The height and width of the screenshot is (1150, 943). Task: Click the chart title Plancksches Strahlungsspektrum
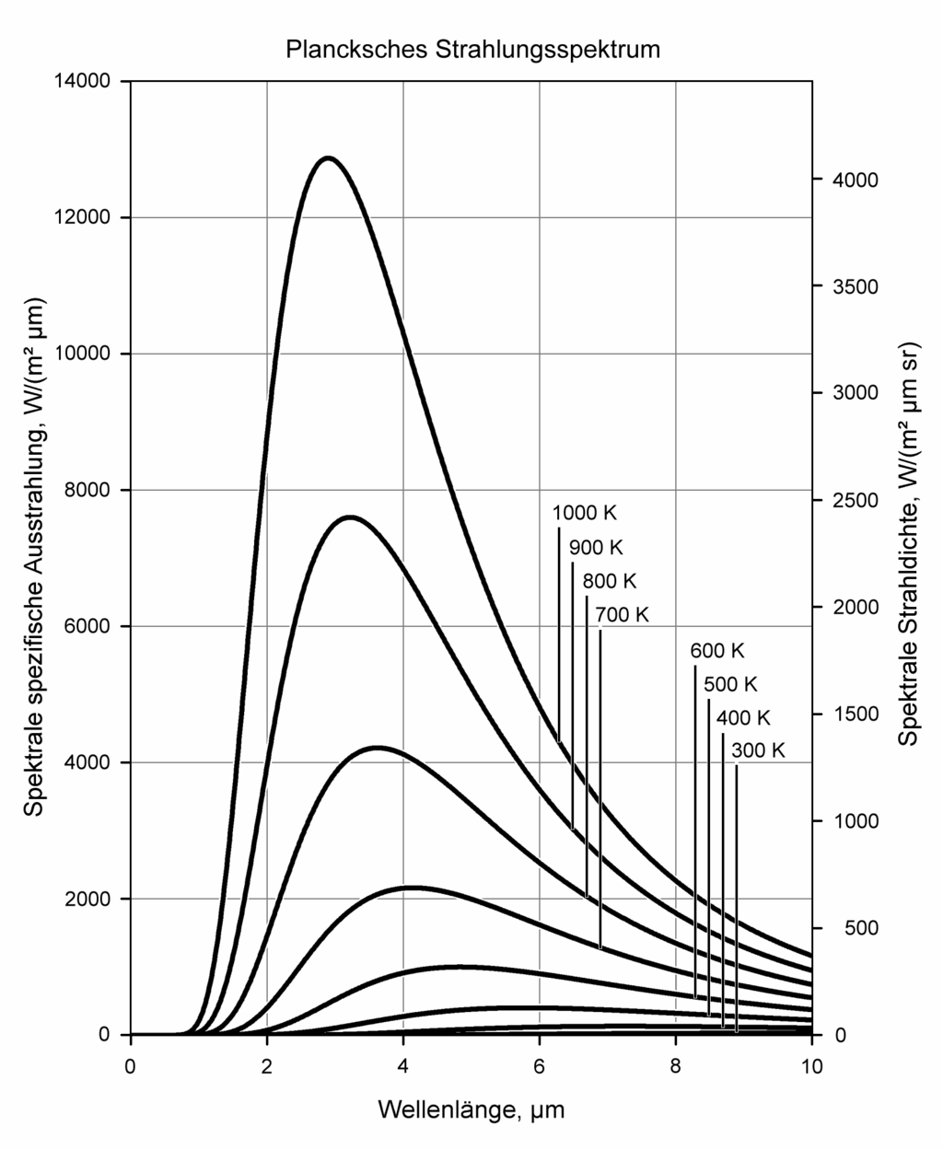pyautogui.click(x=471, y=49)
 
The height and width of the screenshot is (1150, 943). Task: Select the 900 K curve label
pyautogui.click(x=596, y=547)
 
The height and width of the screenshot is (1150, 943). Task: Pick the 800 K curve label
pyautogui.click(x=610, y=581)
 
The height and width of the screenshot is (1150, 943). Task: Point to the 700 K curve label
pyautogui.click(x=622, y=614)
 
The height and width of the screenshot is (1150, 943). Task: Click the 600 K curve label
pyautogui.click(x=717, y=650)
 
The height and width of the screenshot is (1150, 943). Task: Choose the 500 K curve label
pyautogui.click(x=730, y=684)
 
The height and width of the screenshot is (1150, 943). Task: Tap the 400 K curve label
pyautogui.click(x=744, y=717)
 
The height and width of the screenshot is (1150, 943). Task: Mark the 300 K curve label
pyautogui.click(x=758, y=750)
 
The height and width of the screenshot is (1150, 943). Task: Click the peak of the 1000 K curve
pyautogui.click(x=328, y=158)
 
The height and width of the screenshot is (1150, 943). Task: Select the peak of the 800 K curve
pyautogui.click(x=377, y=748)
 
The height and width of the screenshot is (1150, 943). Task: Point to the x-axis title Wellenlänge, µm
pyautogui.click(x=471, y=1109)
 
